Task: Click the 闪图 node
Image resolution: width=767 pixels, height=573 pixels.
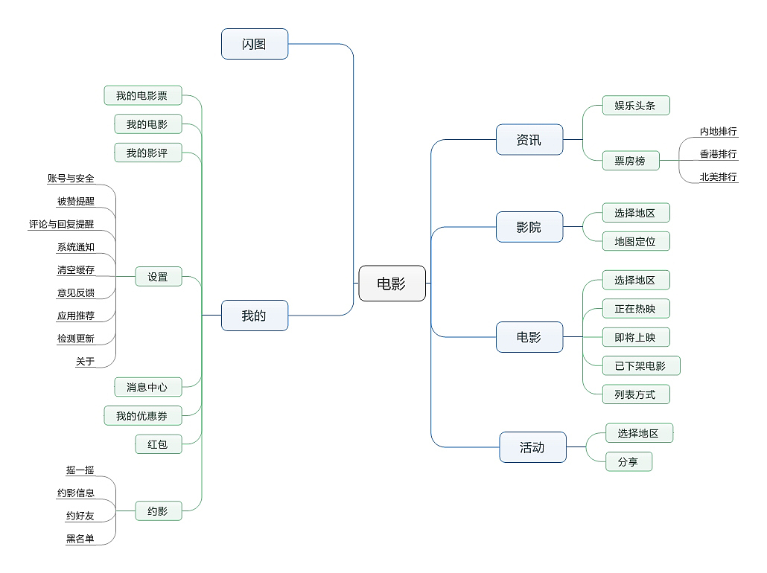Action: (255, 44)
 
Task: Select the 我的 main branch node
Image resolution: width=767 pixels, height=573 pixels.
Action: (255, 316)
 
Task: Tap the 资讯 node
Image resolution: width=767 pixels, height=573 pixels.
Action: (529, 139)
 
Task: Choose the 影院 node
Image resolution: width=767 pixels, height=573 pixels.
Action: (529, 227)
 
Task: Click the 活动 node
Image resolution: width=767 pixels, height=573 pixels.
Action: (532, 447)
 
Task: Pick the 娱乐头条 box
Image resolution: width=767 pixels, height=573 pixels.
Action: (635, 105)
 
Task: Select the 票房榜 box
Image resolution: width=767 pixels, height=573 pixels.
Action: (630, 160)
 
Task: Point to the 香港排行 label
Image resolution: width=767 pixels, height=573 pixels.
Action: (718, 154)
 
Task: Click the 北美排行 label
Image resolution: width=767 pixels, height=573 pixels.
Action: (718, 177)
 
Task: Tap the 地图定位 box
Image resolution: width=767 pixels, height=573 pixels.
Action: (635, 241)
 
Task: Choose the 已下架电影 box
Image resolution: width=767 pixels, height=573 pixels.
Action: (640, 365)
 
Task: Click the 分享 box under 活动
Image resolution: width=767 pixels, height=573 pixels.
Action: (628, 461)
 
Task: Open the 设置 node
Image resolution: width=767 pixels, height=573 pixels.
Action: (158, 277)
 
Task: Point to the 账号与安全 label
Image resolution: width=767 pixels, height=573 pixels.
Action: (71, 179)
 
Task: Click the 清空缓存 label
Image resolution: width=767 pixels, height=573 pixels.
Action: (76, 270)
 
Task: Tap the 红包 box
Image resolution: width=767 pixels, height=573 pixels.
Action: (158, 444)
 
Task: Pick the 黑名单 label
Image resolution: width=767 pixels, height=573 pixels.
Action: (80, 539)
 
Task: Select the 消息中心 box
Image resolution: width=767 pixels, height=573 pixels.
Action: (147, 387)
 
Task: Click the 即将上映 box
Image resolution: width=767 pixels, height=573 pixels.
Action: (635, 337)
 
